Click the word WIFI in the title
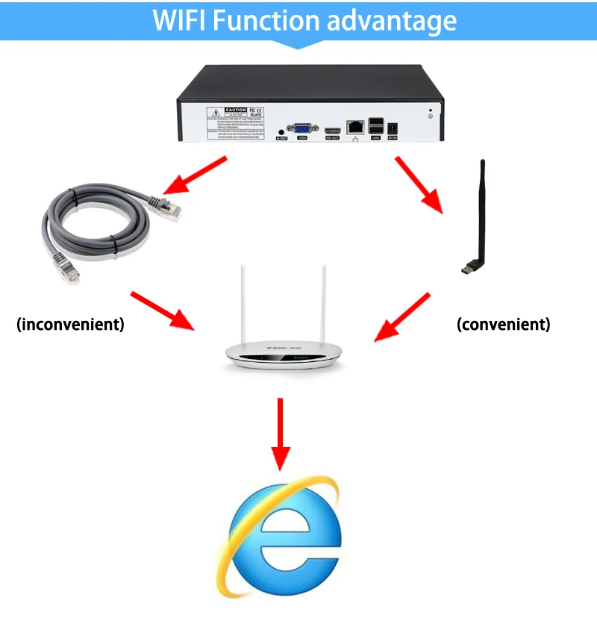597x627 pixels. click(179, 20)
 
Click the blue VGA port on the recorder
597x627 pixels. click(302, 128)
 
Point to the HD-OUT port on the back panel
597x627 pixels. click(332, 130)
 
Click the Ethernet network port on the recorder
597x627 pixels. click(354, 127)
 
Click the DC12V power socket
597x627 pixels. click(393, 128)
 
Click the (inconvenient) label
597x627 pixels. click(70, 325)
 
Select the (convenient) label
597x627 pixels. click(503, 325)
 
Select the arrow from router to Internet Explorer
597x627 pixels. click(281, 433)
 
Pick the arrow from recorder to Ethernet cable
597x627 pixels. click(196, 175)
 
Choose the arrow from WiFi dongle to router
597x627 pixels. click(402, 317)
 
